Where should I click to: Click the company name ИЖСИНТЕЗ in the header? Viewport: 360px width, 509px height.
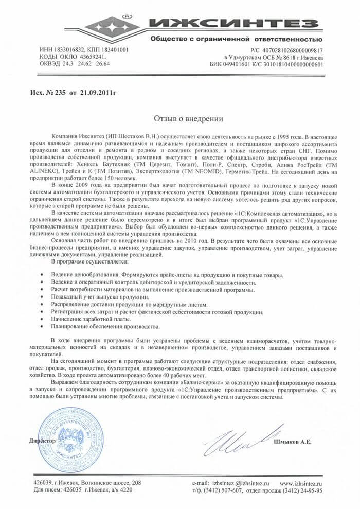pos(242,24)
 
